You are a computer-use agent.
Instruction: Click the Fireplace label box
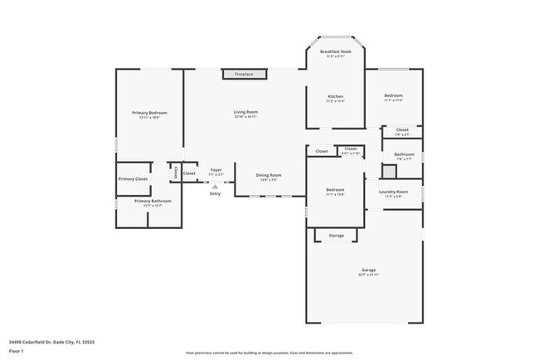[244, 75]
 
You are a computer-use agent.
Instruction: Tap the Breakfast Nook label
[336, 52]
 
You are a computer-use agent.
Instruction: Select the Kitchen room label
[336, 96]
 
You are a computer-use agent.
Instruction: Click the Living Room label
[245, 112]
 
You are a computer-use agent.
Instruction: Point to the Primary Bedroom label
[149, 113]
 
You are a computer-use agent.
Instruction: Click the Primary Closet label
[133, 178]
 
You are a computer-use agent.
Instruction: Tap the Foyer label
[216, 170]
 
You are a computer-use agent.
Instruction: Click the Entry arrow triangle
[215, 187]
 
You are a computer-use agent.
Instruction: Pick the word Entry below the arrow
[215, 194]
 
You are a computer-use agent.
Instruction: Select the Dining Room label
[269, 175]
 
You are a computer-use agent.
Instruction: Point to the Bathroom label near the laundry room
[404, 154]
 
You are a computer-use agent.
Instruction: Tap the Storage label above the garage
[336, 236]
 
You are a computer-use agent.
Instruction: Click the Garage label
[368, 270]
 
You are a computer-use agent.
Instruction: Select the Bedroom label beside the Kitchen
[393, 96]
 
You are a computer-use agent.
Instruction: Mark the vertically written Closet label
[176, 173]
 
